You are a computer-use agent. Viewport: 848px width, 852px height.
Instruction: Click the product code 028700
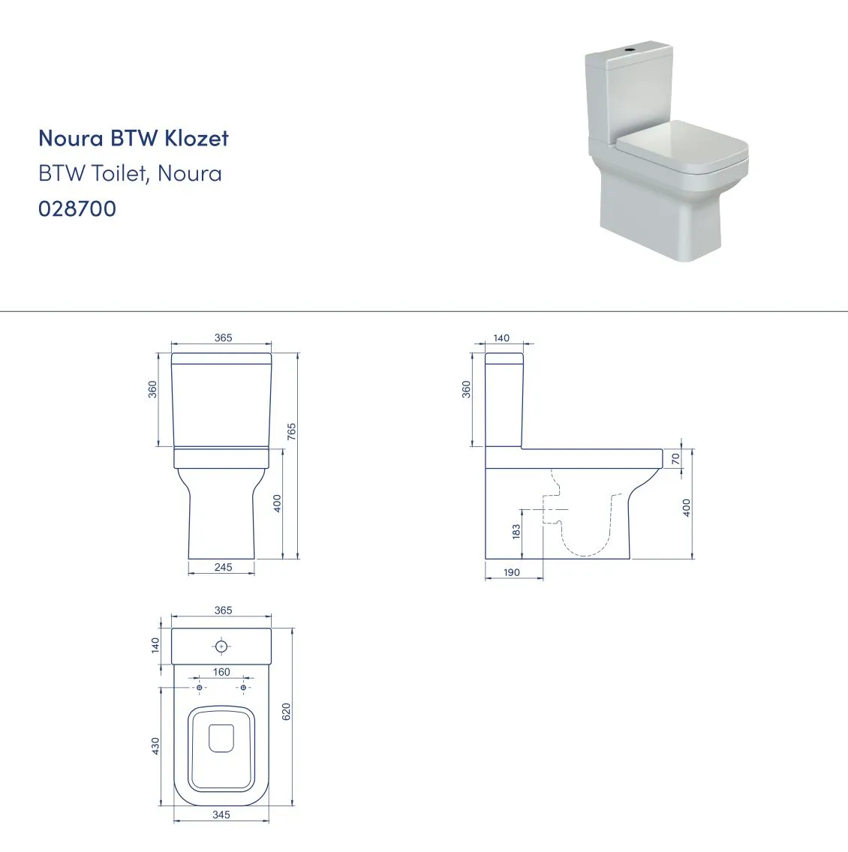pos(77,208)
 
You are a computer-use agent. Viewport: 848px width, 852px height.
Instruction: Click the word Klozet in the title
pos(196,138)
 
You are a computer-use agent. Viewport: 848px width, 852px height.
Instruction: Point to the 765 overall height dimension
pos(292,431)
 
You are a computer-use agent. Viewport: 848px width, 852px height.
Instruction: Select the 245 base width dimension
pos(223,567)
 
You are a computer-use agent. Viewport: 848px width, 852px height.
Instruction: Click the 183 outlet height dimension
pos(516,531)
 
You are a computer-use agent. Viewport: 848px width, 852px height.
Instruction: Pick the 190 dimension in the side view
pos(512,572)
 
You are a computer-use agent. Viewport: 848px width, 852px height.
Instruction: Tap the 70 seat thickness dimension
pos(675,459)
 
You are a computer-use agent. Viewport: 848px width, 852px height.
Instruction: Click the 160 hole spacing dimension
pos(221,672)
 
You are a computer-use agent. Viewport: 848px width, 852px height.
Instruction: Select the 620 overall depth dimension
pos(287,711)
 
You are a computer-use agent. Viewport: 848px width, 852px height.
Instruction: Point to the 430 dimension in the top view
pos(156,745)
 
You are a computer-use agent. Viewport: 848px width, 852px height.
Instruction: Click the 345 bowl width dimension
pos(221,814)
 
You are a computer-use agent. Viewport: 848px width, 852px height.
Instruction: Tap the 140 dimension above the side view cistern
pos(501,338)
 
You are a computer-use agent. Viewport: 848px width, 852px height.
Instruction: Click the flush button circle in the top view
pos(221,646)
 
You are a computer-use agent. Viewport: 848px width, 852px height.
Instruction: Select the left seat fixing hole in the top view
pos(200,688)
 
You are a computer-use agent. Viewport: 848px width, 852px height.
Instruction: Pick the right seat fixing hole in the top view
pos(243,688)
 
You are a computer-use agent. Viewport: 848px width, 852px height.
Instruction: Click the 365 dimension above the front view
pos(223,337)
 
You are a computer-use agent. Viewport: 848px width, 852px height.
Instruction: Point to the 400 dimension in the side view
pos(687,508)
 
